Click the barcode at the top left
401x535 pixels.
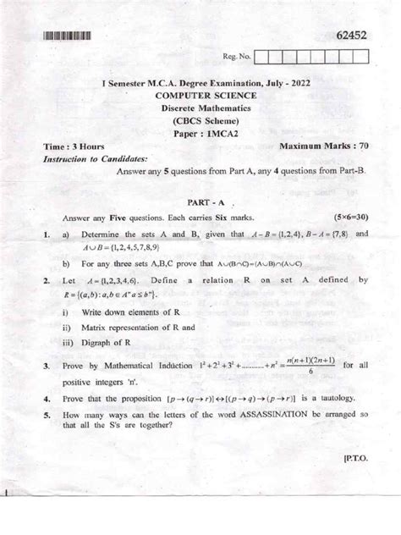(63, 36)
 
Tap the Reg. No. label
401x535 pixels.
(233, 58)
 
